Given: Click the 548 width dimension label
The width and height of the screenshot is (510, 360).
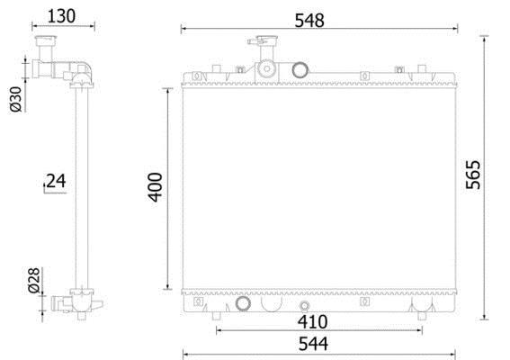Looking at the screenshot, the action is click(309, 21).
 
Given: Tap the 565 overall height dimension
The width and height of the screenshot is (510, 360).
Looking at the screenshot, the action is click(473, 175).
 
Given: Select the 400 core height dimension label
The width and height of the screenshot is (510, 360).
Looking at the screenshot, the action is click(155, 187).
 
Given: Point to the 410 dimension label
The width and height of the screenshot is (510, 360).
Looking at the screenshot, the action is click(313, 322).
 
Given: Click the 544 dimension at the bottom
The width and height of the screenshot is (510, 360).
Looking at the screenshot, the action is click(313, 344).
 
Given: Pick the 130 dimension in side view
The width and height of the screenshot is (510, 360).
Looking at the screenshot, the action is click(61, 16).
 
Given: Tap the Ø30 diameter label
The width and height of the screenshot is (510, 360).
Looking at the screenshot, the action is click(16, 99).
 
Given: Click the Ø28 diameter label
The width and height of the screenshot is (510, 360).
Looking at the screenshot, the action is click(34, 280).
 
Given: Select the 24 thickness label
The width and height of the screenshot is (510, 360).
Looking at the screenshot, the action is click(56, 181).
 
